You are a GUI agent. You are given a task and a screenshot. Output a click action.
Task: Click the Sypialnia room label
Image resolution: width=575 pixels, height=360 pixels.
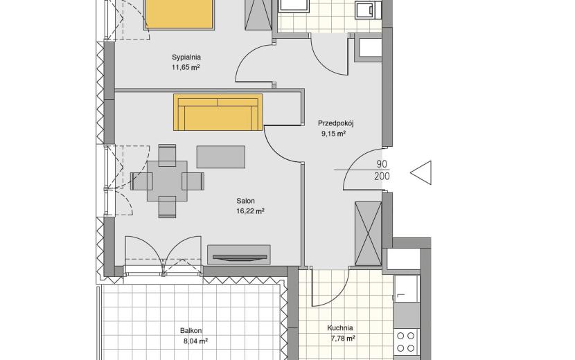(x=186, y=57)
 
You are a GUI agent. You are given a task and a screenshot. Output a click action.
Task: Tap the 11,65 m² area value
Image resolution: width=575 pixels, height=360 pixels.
(x=186, y=67)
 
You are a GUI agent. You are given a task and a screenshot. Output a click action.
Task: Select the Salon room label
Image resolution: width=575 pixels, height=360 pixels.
(x=245, y=201)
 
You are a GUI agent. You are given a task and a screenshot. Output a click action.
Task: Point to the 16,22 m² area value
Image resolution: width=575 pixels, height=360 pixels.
(x=251, y=211)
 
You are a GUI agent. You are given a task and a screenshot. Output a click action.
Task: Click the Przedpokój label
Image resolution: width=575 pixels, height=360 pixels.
(x=335, y=123)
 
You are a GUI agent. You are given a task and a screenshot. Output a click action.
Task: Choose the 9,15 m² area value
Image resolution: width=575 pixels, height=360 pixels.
(x=334, y=134)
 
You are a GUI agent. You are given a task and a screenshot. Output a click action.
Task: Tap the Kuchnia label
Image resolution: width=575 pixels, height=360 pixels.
(x=340, y=328)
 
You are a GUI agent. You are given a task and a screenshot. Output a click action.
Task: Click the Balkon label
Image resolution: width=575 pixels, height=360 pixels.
(x=191, y=331)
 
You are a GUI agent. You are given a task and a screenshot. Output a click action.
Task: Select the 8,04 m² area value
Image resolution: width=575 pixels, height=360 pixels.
(x=195, y=341)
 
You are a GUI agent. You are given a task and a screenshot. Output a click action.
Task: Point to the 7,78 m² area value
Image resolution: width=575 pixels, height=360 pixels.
(x=343, y=339)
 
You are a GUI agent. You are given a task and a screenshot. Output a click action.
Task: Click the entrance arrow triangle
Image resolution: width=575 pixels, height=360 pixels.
(x=421, y=172)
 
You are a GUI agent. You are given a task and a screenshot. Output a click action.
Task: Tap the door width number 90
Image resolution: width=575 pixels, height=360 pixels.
(x=382, y=164)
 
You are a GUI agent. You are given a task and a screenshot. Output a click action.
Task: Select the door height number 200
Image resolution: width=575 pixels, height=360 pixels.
(x=382, y=177)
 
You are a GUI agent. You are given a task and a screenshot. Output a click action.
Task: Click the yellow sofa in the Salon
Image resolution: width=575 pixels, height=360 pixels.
(x=218, y=112)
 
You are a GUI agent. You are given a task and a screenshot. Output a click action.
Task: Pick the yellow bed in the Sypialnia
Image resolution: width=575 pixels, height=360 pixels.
(x=179, y=14)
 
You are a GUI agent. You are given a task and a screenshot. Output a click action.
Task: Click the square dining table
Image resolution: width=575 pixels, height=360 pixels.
(x=167, y=181)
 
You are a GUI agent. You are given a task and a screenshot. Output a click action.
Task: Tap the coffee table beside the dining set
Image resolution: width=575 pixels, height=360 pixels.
(x=221, y=157)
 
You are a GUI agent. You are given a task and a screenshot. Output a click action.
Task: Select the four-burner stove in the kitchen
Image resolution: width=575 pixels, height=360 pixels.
(x=406, y=342)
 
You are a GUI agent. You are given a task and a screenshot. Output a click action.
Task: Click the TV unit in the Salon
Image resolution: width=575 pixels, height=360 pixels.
(x=239, y=255)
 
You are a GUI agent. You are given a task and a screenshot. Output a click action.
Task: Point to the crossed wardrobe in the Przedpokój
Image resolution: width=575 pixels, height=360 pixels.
(x=369, y=233)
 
